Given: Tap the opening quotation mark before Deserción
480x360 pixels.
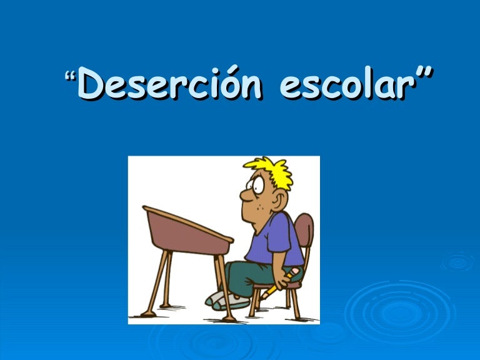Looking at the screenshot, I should (x=70, y=77).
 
